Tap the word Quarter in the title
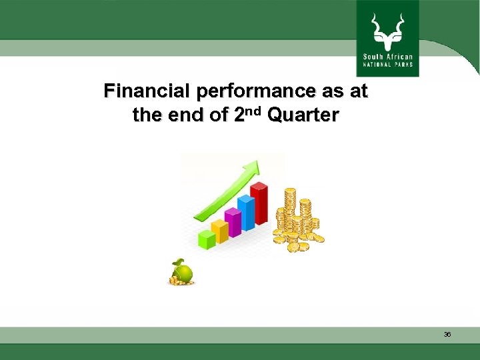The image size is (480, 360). click(x=303, y=115)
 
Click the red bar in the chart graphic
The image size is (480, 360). click(x=259, y=204)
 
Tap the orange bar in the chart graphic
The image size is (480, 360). click(x=220, y=231)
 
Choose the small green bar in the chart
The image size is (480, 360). click(x=207, y=239)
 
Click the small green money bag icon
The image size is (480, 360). click(x=181, y=272)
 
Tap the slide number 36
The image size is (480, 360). click(x=447, y=335)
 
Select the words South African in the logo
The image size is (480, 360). click(x=387, y=57)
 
